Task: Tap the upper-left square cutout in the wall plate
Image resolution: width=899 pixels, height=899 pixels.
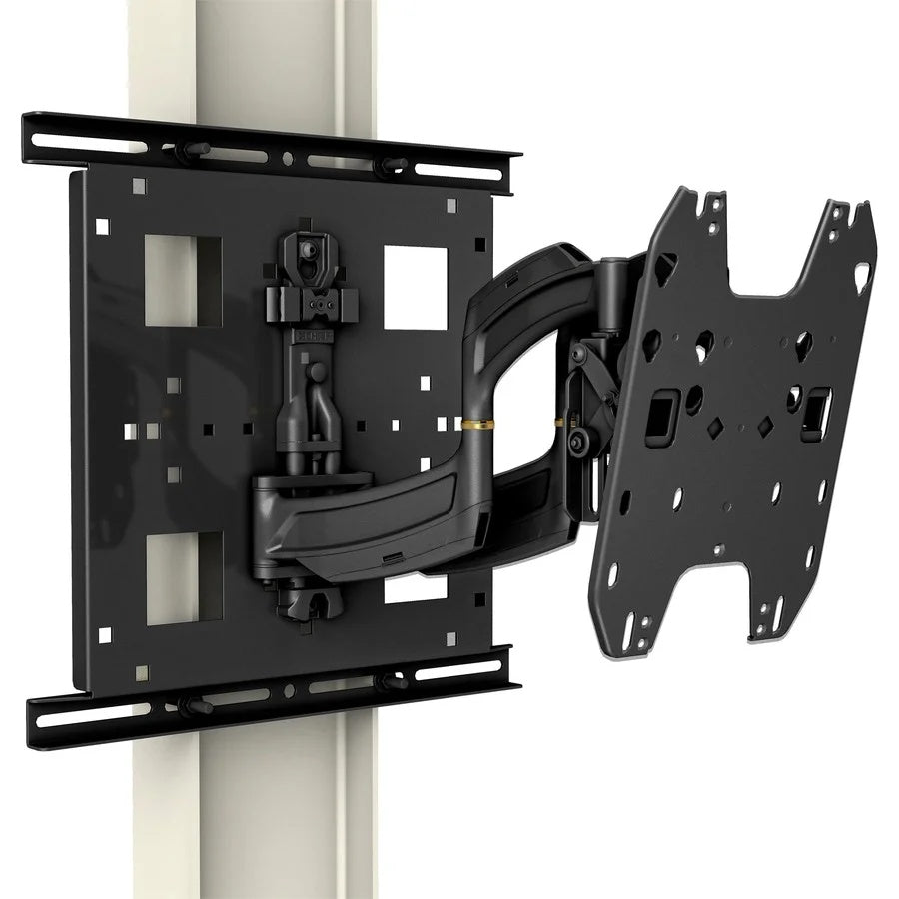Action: coord(183,279)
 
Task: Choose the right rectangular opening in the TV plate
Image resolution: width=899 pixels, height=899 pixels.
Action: coord(816,407)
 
